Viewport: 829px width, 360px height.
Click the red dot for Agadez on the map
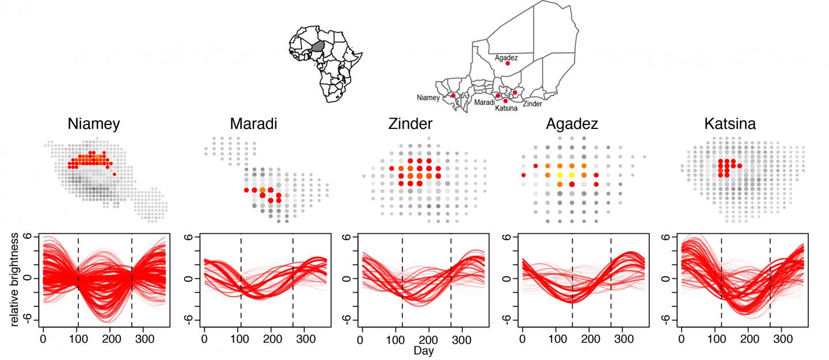pos(507,63)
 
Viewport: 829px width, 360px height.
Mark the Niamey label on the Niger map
pos(428,98)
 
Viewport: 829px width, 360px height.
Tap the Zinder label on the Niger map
pos(533,104)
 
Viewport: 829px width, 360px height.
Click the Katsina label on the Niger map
pos(506,108)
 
